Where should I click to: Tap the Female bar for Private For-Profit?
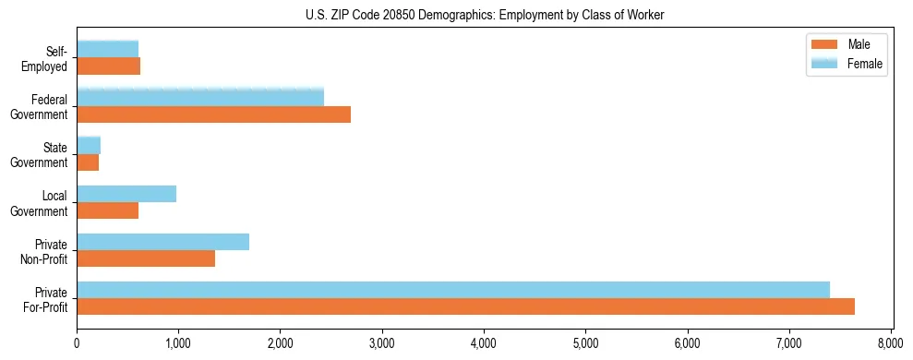(x=453, y=290)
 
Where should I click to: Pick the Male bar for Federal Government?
(x=213, y=114)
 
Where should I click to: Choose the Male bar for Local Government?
(x=107, y=210)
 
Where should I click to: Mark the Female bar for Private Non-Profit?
(x=162, y=242)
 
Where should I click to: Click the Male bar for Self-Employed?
(x=108, y=66)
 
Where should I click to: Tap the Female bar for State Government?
(x=89, y=146)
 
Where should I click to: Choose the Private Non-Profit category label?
(x=44, y=251)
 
